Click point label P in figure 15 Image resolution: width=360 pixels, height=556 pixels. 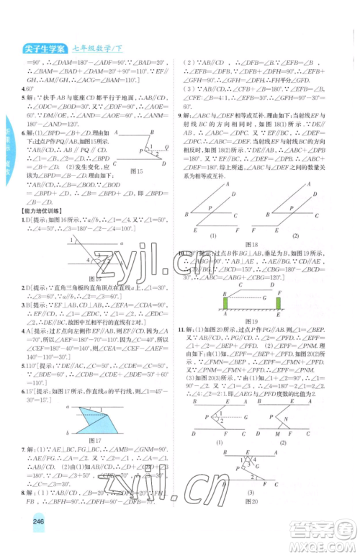[140, 152]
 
